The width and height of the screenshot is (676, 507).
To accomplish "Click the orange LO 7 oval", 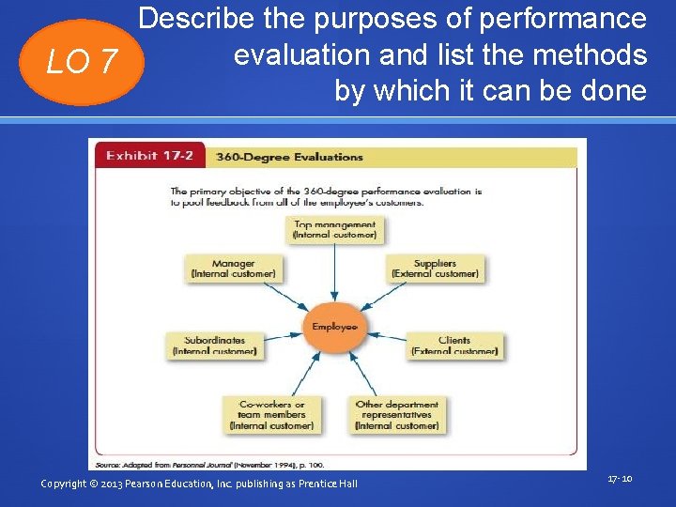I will [x=82, y=62].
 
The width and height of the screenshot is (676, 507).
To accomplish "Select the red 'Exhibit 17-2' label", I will [x=149, y=156].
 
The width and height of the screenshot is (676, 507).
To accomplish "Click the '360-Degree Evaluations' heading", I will [x=290, y=157].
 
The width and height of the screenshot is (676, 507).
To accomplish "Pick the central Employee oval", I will [x=335, y=327].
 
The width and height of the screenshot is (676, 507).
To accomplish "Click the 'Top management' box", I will [x=335, y=230].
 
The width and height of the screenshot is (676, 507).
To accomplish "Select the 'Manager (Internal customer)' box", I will [x=233, y=269].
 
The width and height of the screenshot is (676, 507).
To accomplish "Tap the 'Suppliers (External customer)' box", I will [x=435, y=269].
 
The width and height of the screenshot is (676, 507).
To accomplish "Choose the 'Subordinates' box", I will [x=214, y=346].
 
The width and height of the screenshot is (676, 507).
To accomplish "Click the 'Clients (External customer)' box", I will [x=454, y=346].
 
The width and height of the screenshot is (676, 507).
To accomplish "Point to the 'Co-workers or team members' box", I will [x=271, y=414].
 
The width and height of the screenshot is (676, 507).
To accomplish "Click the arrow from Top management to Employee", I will [x=335, y=277].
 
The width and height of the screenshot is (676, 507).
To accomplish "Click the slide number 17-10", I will [x=620, y=479].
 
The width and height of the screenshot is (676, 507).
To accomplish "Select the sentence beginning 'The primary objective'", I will [x=325, y=196].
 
